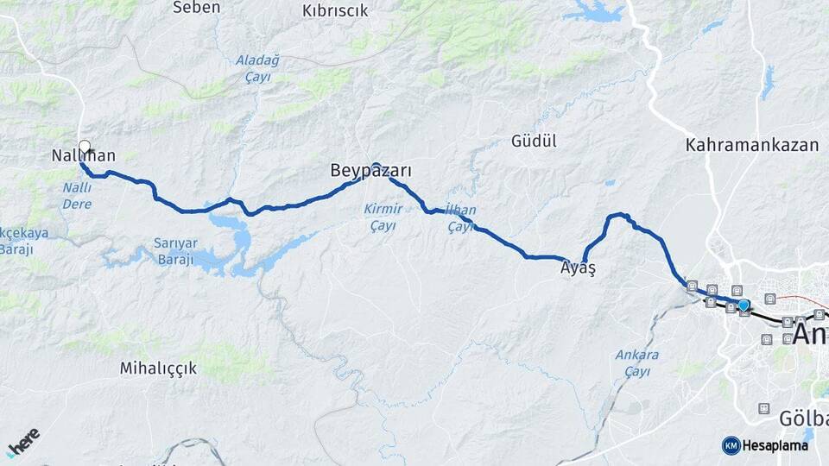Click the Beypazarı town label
370,172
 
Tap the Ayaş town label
578,268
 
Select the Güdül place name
534,141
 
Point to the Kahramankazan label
751,145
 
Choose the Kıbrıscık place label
335,11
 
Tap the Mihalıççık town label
158,368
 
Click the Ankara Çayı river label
637,362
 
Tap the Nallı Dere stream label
77,195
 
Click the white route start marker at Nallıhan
85,146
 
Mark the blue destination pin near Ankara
744,304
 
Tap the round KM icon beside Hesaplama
731,445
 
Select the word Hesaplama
775,446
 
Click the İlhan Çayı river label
460,218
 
